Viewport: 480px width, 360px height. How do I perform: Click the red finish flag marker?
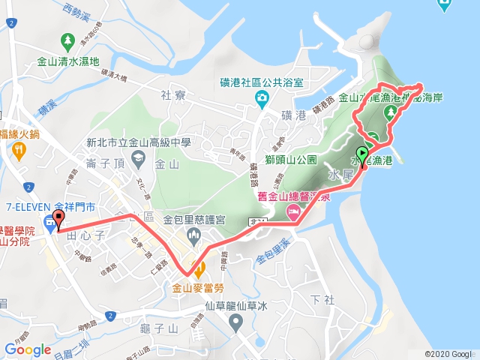[x=58, y=220]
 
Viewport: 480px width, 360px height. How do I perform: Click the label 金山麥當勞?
[x=198, y=286]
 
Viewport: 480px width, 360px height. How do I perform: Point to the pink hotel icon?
[x=292, y=213]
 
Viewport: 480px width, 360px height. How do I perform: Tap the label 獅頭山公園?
[x=293, y=160]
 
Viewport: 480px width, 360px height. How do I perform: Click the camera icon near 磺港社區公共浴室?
[x=262, y=98]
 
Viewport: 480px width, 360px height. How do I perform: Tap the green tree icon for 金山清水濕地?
[x=68, y=39]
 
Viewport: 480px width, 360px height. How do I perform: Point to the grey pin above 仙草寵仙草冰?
[x=236, y=323]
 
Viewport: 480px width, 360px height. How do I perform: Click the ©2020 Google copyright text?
[x=448, y=353]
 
